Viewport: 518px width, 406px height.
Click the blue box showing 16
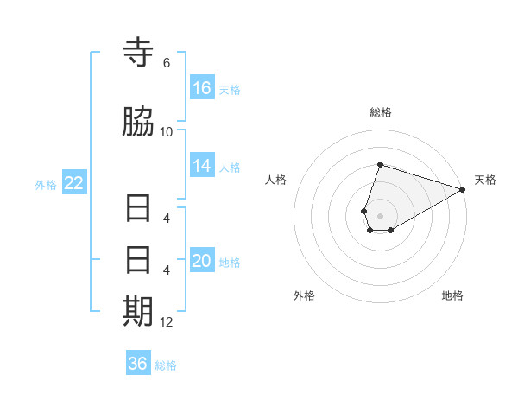tap(202, 88)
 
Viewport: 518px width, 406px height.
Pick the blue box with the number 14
tap(202, 167)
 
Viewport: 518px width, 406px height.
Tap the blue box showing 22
tap(74, 183)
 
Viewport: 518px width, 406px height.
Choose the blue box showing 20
tap(202, 261)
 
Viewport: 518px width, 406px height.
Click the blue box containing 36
tap(138, 364)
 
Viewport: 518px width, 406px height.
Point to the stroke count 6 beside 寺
tap(167, 63)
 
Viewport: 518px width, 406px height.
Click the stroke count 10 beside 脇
tap(167, 131)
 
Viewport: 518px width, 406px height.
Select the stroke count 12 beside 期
tap(167, 322)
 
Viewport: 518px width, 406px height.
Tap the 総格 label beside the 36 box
tap(166, 365)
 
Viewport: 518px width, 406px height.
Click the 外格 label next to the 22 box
tap(46, 184)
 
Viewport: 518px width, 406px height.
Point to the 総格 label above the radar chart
tap(381, 112)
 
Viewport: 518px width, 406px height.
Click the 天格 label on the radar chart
tap(485, 180)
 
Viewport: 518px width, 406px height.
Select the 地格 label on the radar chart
tap(452, 295)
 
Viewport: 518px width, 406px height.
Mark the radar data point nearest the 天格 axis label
tap(463, 189)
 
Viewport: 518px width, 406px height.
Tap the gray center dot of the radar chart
tap(381, 216)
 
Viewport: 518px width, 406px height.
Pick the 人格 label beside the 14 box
tap(229, 168)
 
